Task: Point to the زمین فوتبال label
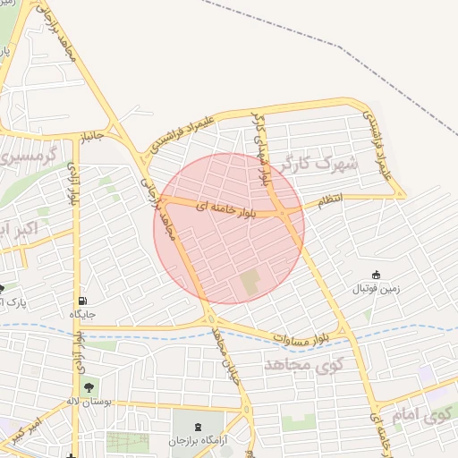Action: [376, 289]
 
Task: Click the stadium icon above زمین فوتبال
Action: [377, 275]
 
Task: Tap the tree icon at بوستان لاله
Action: [89, 386]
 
